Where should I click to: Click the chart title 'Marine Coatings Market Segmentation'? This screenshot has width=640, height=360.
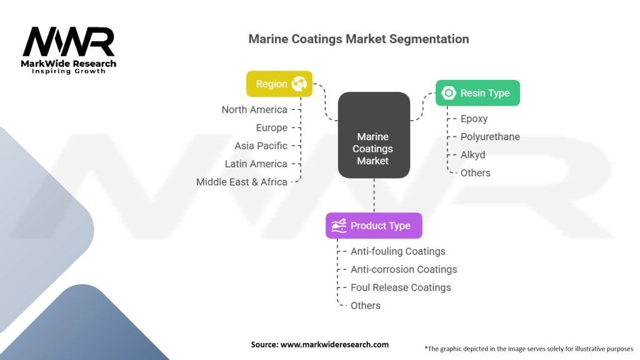(x=358, y=39)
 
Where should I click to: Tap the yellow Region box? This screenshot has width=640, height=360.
(x=279, y=84)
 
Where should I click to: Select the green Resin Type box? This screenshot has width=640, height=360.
(x=477, y=93)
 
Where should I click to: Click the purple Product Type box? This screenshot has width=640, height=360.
(x=374, y=226)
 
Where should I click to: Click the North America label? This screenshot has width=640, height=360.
(x=254, y=109)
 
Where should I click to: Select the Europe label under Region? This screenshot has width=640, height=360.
(x=271, y=127)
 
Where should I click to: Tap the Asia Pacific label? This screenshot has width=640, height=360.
(x=261, y=146)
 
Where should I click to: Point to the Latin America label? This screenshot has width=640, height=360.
(x=256, y=164)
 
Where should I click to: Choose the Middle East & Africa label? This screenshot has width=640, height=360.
(x=241, y=182)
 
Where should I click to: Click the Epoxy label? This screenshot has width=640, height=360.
(x=474, y=119)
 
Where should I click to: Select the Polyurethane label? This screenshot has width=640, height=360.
(x=490, y=137)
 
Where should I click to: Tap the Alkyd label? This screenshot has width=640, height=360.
(x=472, y=155)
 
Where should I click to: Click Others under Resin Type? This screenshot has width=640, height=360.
(x=475, y=173)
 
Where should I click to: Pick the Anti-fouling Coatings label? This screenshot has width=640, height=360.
(x=397, y=251)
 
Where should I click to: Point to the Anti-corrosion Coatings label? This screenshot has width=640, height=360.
(x=404, y=269)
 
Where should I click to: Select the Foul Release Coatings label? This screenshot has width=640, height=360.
(x=401, y=287)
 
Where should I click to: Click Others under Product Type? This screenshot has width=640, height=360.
(x=366, y=306)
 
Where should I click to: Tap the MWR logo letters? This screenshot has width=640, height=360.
(x=69, y=42)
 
